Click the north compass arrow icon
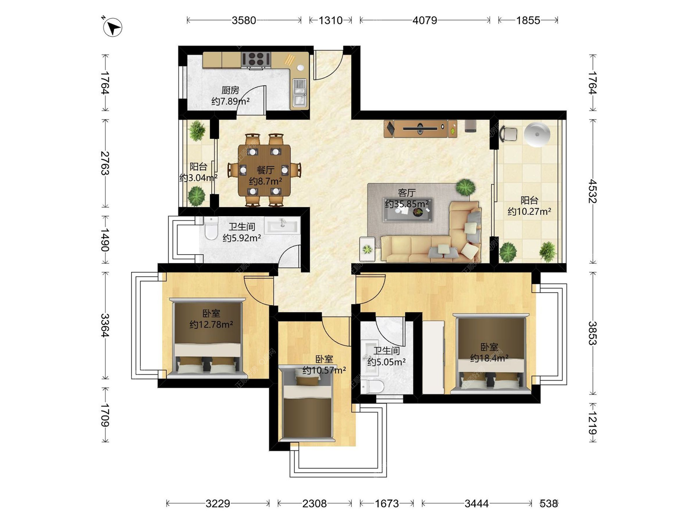[112, 27]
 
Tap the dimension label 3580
[244, 20]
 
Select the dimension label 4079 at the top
[425, 20]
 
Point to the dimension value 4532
[593, 191]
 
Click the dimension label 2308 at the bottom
[314, 503]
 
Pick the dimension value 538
[549, 503]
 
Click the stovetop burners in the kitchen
[256, 60]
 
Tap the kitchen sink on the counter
[300, 93]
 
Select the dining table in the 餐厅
[264, 170]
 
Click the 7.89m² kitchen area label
[230, 101]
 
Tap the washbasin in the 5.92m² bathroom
[282, 226]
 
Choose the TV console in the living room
[421, 129]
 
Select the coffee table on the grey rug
[408, 210]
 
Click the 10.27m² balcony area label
[529, 211]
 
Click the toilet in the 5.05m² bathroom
[372, 386]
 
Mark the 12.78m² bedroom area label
[211, 324]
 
